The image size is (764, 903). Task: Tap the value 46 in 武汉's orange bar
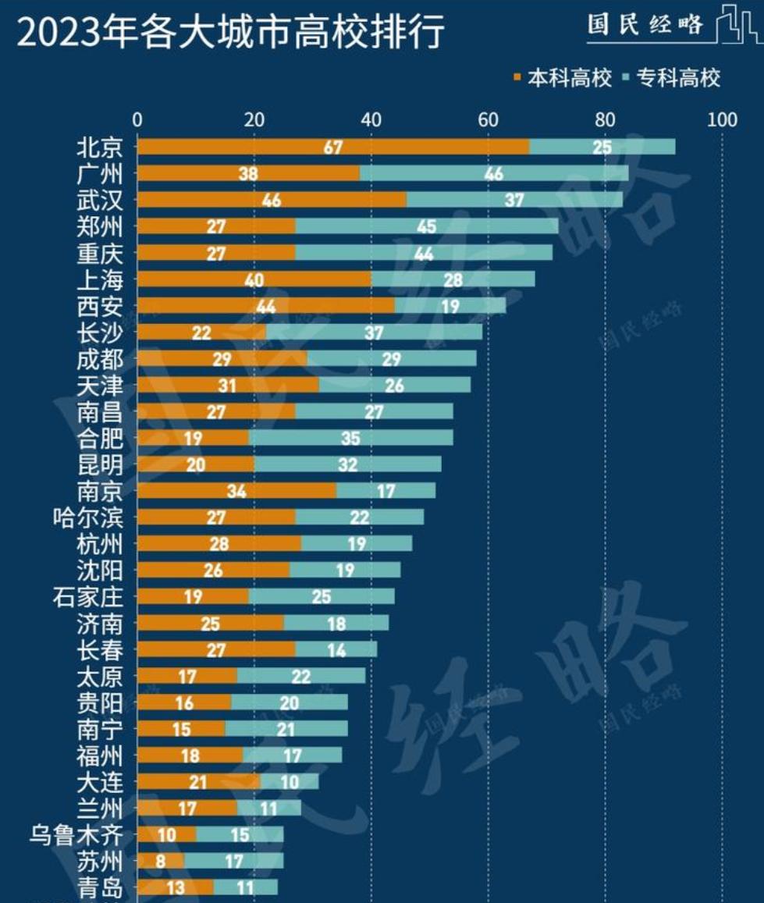click(272, 201)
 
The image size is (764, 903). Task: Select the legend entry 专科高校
click(673, 78)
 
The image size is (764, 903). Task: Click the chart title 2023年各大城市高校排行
click(231, 34)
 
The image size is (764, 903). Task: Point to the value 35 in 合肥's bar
click(350, 439)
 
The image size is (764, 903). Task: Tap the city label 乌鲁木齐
click(76, 835)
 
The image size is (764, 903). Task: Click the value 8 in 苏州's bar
click(161, 862)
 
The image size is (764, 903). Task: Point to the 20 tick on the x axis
click(254, 119)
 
